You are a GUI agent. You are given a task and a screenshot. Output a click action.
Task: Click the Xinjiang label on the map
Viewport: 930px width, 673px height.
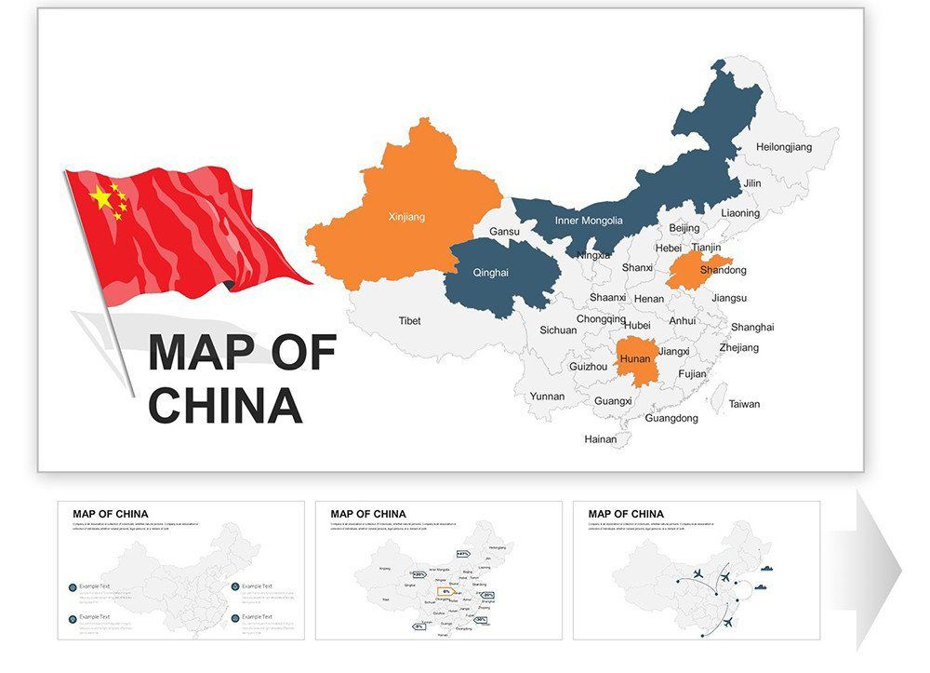pos(406,217)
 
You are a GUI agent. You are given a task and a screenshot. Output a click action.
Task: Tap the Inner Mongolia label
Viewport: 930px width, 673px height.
pos(589,221)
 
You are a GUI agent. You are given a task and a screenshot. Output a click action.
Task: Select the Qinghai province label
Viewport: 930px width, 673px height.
pos(490,273)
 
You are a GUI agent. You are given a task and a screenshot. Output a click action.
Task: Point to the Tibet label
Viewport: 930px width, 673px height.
pos(409,321)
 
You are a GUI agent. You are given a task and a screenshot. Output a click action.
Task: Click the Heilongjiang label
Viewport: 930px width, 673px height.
pos(783,147)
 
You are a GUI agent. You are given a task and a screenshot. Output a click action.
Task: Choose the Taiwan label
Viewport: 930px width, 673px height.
pos(744,404)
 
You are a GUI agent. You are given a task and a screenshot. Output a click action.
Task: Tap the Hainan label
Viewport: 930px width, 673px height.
pos(600,438)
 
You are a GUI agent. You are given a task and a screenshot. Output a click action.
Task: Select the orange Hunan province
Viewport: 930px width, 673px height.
pos(635,358)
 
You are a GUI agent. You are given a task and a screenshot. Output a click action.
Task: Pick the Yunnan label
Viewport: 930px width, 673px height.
pos(547,396)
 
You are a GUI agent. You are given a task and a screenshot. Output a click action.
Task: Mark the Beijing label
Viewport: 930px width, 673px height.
pos(684,228)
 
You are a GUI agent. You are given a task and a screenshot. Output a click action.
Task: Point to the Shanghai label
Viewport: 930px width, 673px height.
pos(751,328)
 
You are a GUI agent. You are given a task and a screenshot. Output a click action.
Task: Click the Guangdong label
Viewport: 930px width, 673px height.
pos(671,418)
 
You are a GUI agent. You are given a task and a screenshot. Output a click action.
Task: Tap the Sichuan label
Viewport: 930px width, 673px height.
pos(558,330)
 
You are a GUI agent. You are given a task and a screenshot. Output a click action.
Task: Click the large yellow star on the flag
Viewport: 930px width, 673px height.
pos(100,196)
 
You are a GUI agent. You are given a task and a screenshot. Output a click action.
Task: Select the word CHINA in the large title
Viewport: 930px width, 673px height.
pos(225,405)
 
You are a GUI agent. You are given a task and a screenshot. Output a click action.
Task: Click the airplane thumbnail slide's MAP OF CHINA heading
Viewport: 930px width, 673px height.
pos(626,514)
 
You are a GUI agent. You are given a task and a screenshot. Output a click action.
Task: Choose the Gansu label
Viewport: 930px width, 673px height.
pos(504,231)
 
